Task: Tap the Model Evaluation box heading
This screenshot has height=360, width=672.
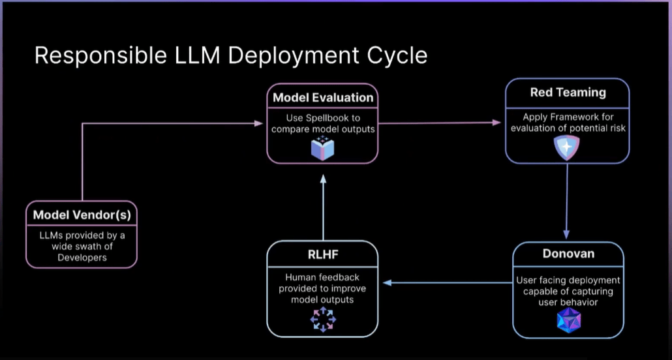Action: (323, 98)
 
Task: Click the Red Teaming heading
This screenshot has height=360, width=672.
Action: (568, 93)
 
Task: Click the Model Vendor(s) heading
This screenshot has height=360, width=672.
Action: (82, 215)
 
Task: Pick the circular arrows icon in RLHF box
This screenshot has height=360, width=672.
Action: (322, 319)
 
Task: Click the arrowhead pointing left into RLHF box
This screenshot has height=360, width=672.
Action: (388, 282)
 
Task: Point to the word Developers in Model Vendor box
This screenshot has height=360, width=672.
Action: (82, 258)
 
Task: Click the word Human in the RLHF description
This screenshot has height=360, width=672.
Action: (301, 278)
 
